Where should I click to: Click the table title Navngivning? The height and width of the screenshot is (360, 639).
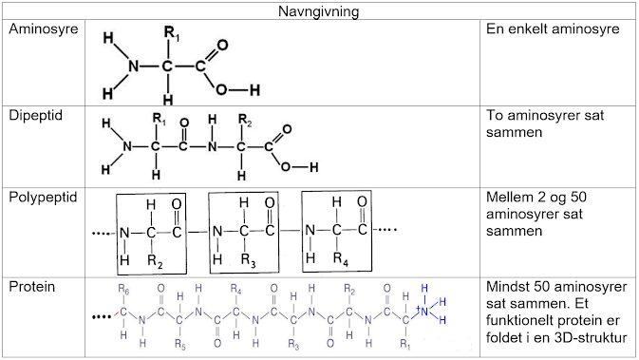(318, 11)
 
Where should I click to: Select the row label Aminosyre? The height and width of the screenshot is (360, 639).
(43, 29)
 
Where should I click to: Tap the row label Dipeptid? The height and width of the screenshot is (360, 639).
(35, 116)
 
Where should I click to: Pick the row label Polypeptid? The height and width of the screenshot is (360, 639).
(43, 198)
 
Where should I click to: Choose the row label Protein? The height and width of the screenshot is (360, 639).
(31, 287)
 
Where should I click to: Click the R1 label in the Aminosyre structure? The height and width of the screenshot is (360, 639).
(172, 33)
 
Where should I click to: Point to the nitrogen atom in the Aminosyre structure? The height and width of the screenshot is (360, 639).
(134, 66)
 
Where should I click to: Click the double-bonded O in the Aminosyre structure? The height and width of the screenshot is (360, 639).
(222, 45)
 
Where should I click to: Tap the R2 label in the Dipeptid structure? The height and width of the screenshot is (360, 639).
(245, 121)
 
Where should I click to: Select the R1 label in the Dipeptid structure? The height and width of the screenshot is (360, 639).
(159, 120)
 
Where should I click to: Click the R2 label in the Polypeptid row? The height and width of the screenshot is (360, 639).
(156, 261)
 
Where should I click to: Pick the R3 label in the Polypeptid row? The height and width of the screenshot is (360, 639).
(248, 260)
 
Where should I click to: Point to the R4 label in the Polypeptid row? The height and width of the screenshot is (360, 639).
(341, 259)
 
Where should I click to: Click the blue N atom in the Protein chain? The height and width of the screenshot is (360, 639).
(424, 312)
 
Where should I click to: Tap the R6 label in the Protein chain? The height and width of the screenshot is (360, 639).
(123, 290)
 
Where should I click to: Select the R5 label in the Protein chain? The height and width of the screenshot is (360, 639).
(180, 345)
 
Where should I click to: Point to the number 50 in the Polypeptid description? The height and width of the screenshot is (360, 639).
(578, 198)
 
